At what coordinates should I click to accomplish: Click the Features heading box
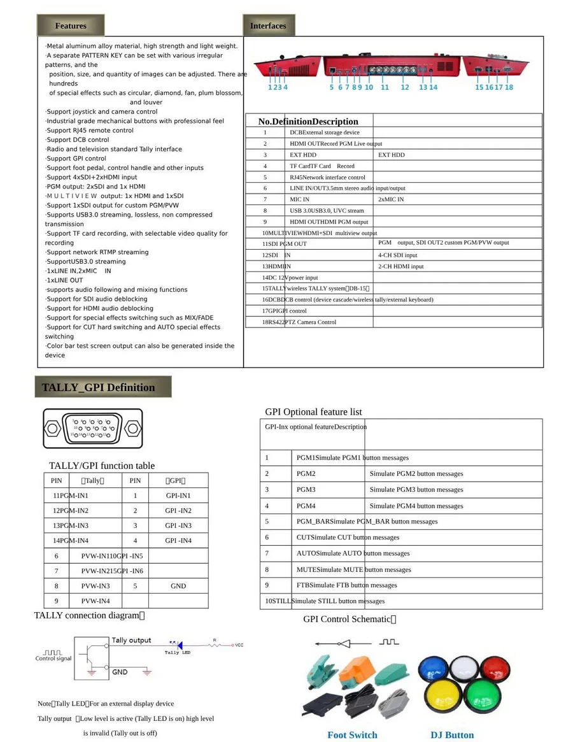tap(71, 25)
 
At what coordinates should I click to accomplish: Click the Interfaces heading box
tap(268, 25)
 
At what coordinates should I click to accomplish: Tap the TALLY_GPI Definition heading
tap(98, 387)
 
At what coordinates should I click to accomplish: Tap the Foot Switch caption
tap(352, 735)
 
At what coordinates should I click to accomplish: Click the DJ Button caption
tap(452, 735)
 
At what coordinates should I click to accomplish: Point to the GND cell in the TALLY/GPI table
tap(178, 586)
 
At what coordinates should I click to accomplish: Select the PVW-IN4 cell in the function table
tap(95, 601)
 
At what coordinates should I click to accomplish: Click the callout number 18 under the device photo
tap(509, 87)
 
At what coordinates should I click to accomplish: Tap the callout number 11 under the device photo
tap(385, 87)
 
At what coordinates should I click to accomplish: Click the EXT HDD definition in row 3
tap(303, 155)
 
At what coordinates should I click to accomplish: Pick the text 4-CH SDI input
tap(398, 255)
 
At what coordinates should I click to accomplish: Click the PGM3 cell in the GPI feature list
tap(306, 490)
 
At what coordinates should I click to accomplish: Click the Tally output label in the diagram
tap(131, 640)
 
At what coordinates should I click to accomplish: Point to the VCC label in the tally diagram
tap(239, 645)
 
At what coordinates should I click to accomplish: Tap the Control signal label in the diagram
tap(53, 659)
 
